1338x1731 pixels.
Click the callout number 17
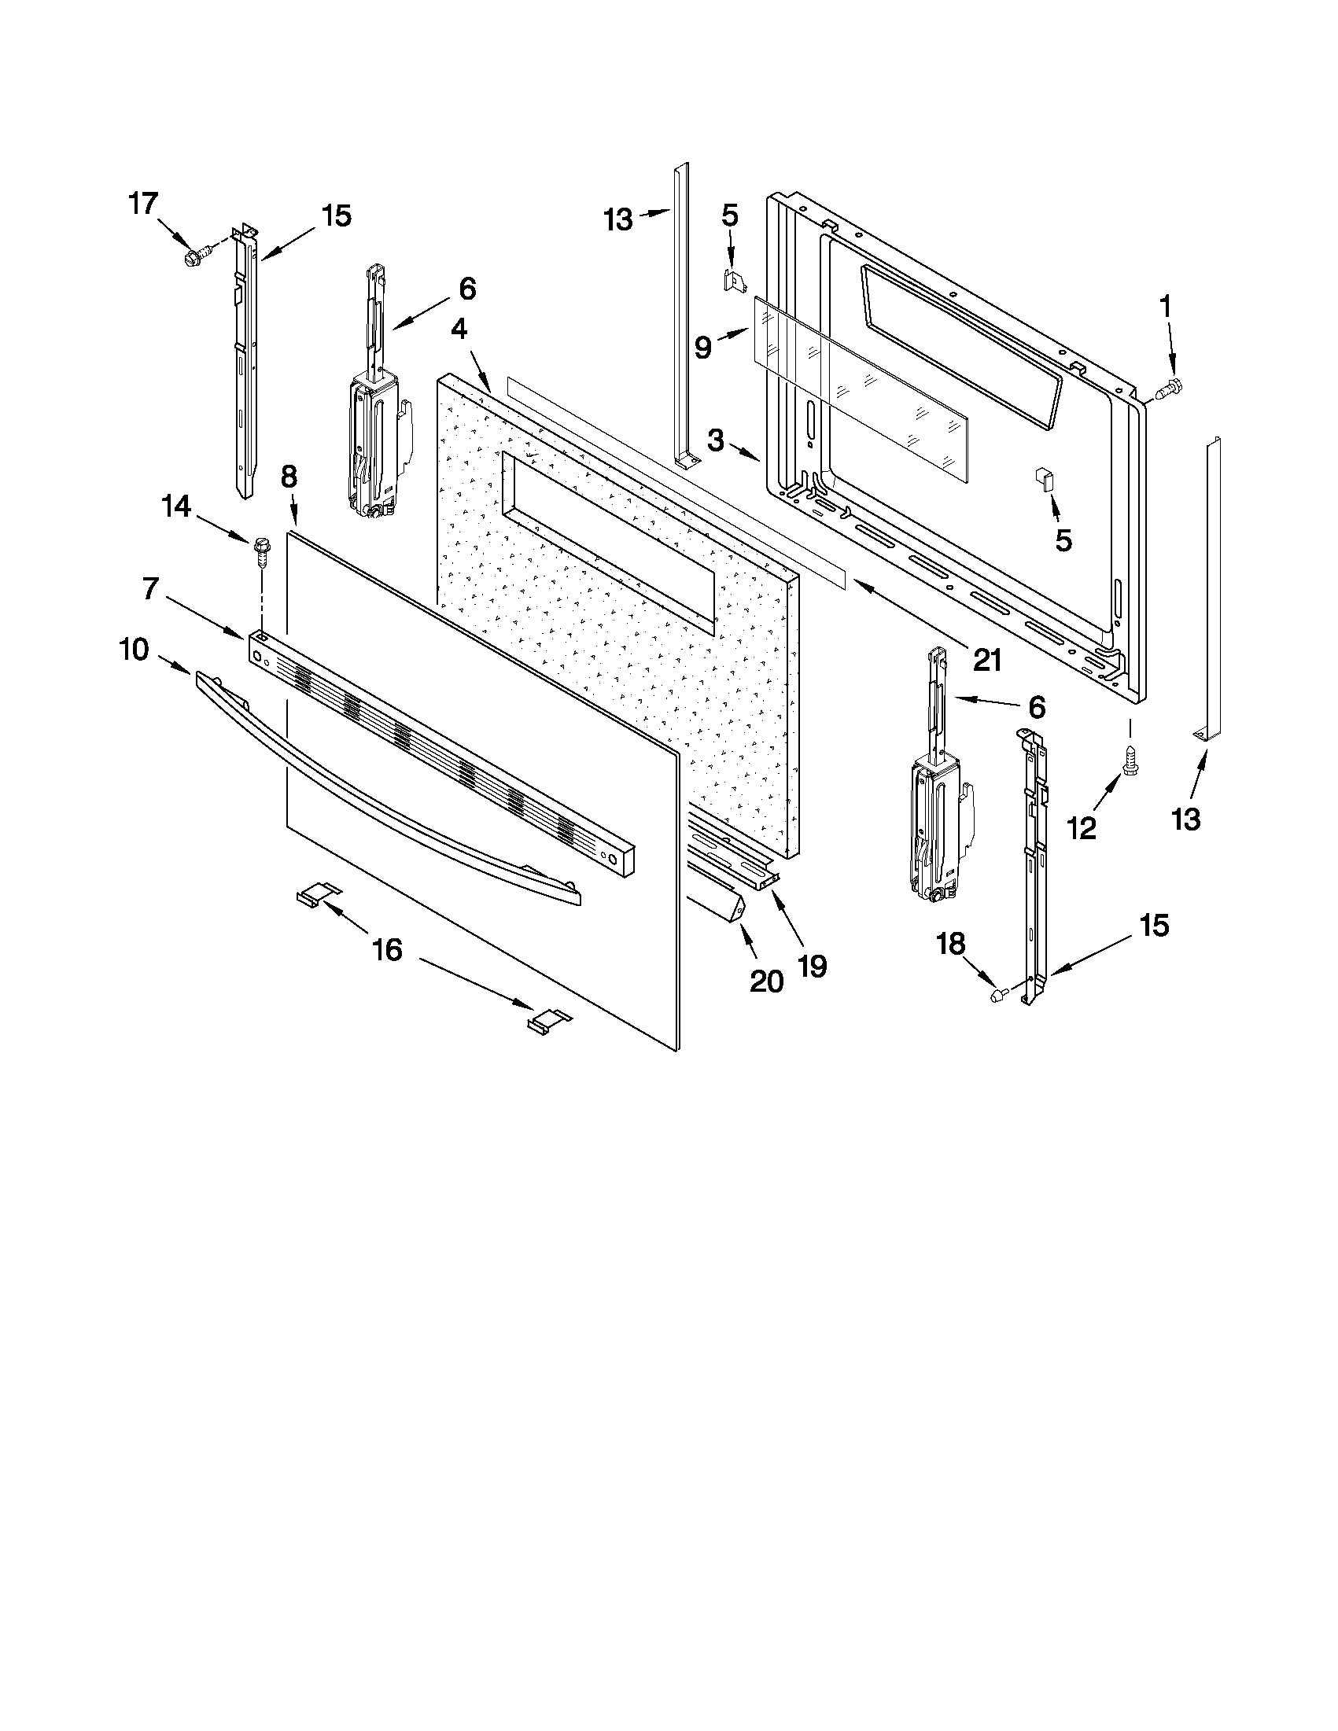(144, 204)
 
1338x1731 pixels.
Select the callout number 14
(176, 506)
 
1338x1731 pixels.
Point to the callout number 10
(134, 649)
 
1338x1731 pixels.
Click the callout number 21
(988, 659)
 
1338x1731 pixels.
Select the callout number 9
(703, 347)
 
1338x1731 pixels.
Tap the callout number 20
(766, 982)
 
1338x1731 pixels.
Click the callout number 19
(813, 965)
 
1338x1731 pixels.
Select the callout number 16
(388, 948)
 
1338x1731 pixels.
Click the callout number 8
(289, 477)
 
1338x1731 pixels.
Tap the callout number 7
(150, 588)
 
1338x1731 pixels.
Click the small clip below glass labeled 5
(1042, 480)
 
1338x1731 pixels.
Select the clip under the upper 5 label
(735, 280)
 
